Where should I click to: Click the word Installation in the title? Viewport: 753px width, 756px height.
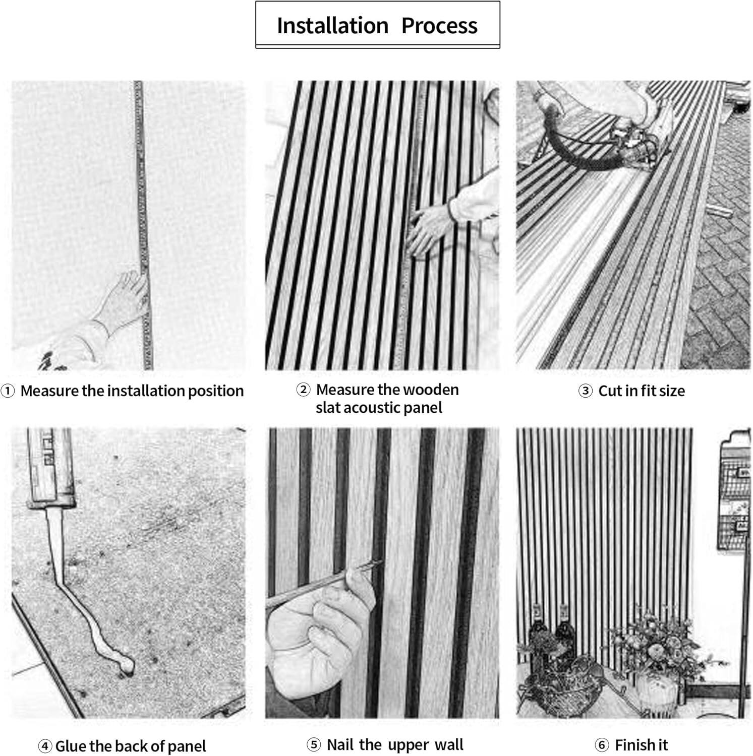pyautogui.click(x=332, y=26)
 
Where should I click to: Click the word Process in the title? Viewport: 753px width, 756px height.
pyautogui.click(x=439, y=26)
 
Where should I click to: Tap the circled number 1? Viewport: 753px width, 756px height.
pyautogui.click(x=8, y=391)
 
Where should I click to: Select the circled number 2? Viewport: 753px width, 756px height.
pyautogui.click(x=303, y=390)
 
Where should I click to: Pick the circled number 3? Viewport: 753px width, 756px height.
pyautogui.click(x=585, y=391)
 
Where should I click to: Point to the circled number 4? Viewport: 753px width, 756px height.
pyautogui.click(x=44, y=746)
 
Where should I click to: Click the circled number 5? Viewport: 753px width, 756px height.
pyautogui.click(x=314, y=744)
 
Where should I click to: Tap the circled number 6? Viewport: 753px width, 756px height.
pyautogui.click(x=602, y=744)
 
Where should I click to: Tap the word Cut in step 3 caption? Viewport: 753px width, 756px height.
pyautogui.click(x=610, y=391)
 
